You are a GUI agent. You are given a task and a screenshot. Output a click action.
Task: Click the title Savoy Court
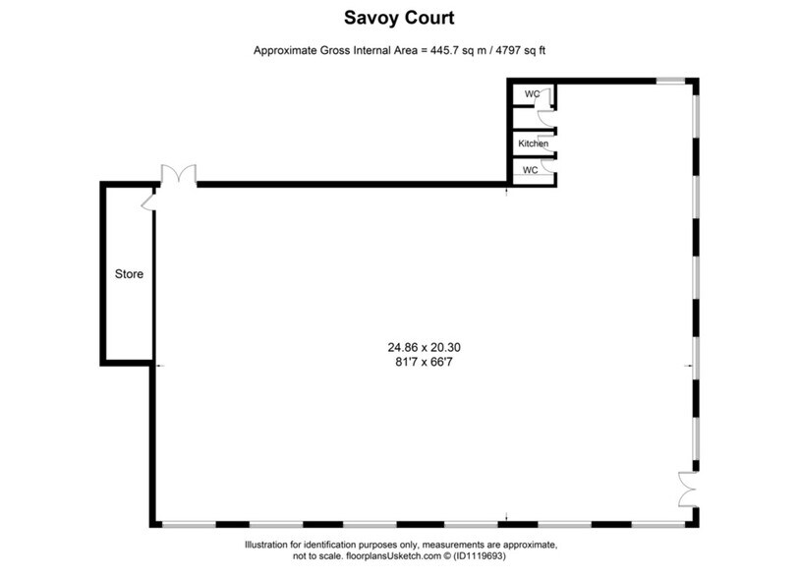pyautogui.click(x=399, y=17)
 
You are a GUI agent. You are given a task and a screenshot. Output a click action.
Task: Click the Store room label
pyautogui.click(x=129, y=274)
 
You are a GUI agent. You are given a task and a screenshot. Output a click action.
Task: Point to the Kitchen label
pyautogui.click(x=534, y=144)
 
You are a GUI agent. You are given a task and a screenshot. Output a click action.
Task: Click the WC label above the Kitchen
pyautogui.click(x=532, y=93)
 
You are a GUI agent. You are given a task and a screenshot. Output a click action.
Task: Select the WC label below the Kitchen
pyautogui.click(x=530, y=169)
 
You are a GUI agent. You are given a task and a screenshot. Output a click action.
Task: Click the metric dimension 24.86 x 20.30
pyautogui.click(x=424, y=346)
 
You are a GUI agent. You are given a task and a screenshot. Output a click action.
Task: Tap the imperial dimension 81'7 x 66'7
pyautogui.click(x=424, y=362)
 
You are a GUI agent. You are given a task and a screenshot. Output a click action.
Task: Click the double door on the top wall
pyautogui.click(x=179, y=176)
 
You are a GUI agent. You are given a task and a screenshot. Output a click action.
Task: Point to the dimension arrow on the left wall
pyautogui.click(x=160, y=366)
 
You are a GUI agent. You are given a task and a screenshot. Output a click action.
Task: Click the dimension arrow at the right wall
pyautogui.click(x=689, y=366)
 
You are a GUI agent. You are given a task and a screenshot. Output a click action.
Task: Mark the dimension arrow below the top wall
pyautogui.click(x=506, y=190)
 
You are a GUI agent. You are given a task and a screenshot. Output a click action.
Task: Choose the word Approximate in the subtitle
pyautogui.click(x=288, y=50)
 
